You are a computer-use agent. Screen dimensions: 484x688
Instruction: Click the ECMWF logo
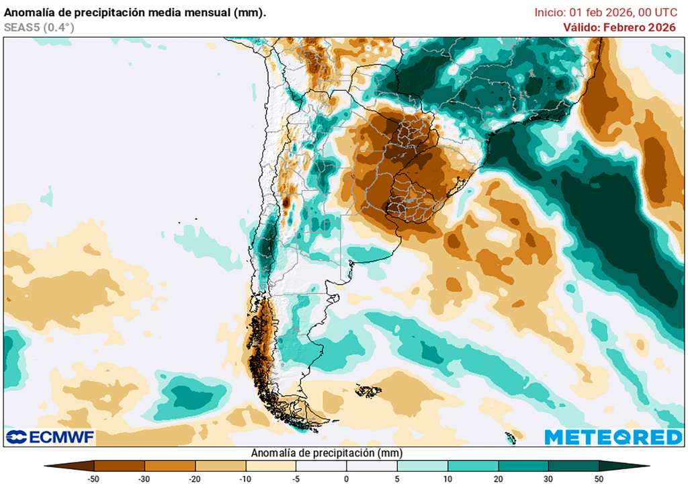point(50,437)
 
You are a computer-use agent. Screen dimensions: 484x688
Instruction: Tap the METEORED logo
point(613,437)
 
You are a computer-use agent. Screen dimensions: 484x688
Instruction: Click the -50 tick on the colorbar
point(95,478)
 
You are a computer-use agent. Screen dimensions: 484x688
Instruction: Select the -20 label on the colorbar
point(196,478)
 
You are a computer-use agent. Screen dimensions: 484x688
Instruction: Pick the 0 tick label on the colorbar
point(347,478)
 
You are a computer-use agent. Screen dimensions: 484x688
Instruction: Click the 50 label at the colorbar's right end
point(599,478)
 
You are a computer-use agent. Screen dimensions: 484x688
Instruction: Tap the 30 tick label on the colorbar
point(548,478)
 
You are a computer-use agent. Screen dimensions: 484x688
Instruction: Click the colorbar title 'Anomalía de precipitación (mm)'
point(327,453)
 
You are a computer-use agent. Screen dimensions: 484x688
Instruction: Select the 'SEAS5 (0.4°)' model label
point(39,27)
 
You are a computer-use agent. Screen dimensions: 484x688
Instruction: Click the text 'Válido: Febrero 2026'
point(619,27)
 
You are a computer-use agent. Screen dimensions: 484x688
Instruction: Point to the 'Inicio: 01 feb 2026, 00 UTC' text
point(605,12)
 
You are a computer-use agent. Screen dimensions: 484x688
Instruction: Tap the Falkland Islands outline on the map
point(368,391)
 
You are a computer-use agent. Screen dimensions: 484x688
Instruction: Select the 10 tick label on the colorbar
point(447,478)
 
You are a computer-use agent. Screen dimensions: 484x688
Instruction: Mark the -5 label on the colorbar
point(296,478)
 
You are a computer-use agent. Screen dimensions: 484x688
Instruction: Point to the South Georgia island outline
point(511,438)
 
